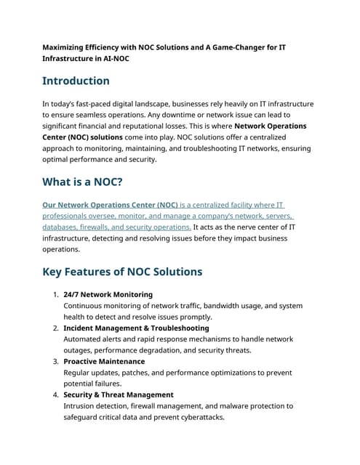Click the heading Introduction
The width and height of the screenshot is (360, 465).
pos(76,81)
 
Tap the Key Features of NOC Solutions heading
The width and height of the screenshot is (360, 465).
pos(122,272)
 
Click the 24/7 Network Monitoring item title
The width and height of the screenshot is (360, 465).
pos(108,295)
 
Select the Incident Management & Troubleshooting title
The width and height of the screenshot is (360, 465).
pos(136,328)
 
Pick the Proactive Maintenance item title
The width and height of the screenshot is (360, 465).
pos(104,362)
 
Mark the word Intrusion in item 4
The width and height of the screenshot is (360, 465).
pos(81,406)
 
